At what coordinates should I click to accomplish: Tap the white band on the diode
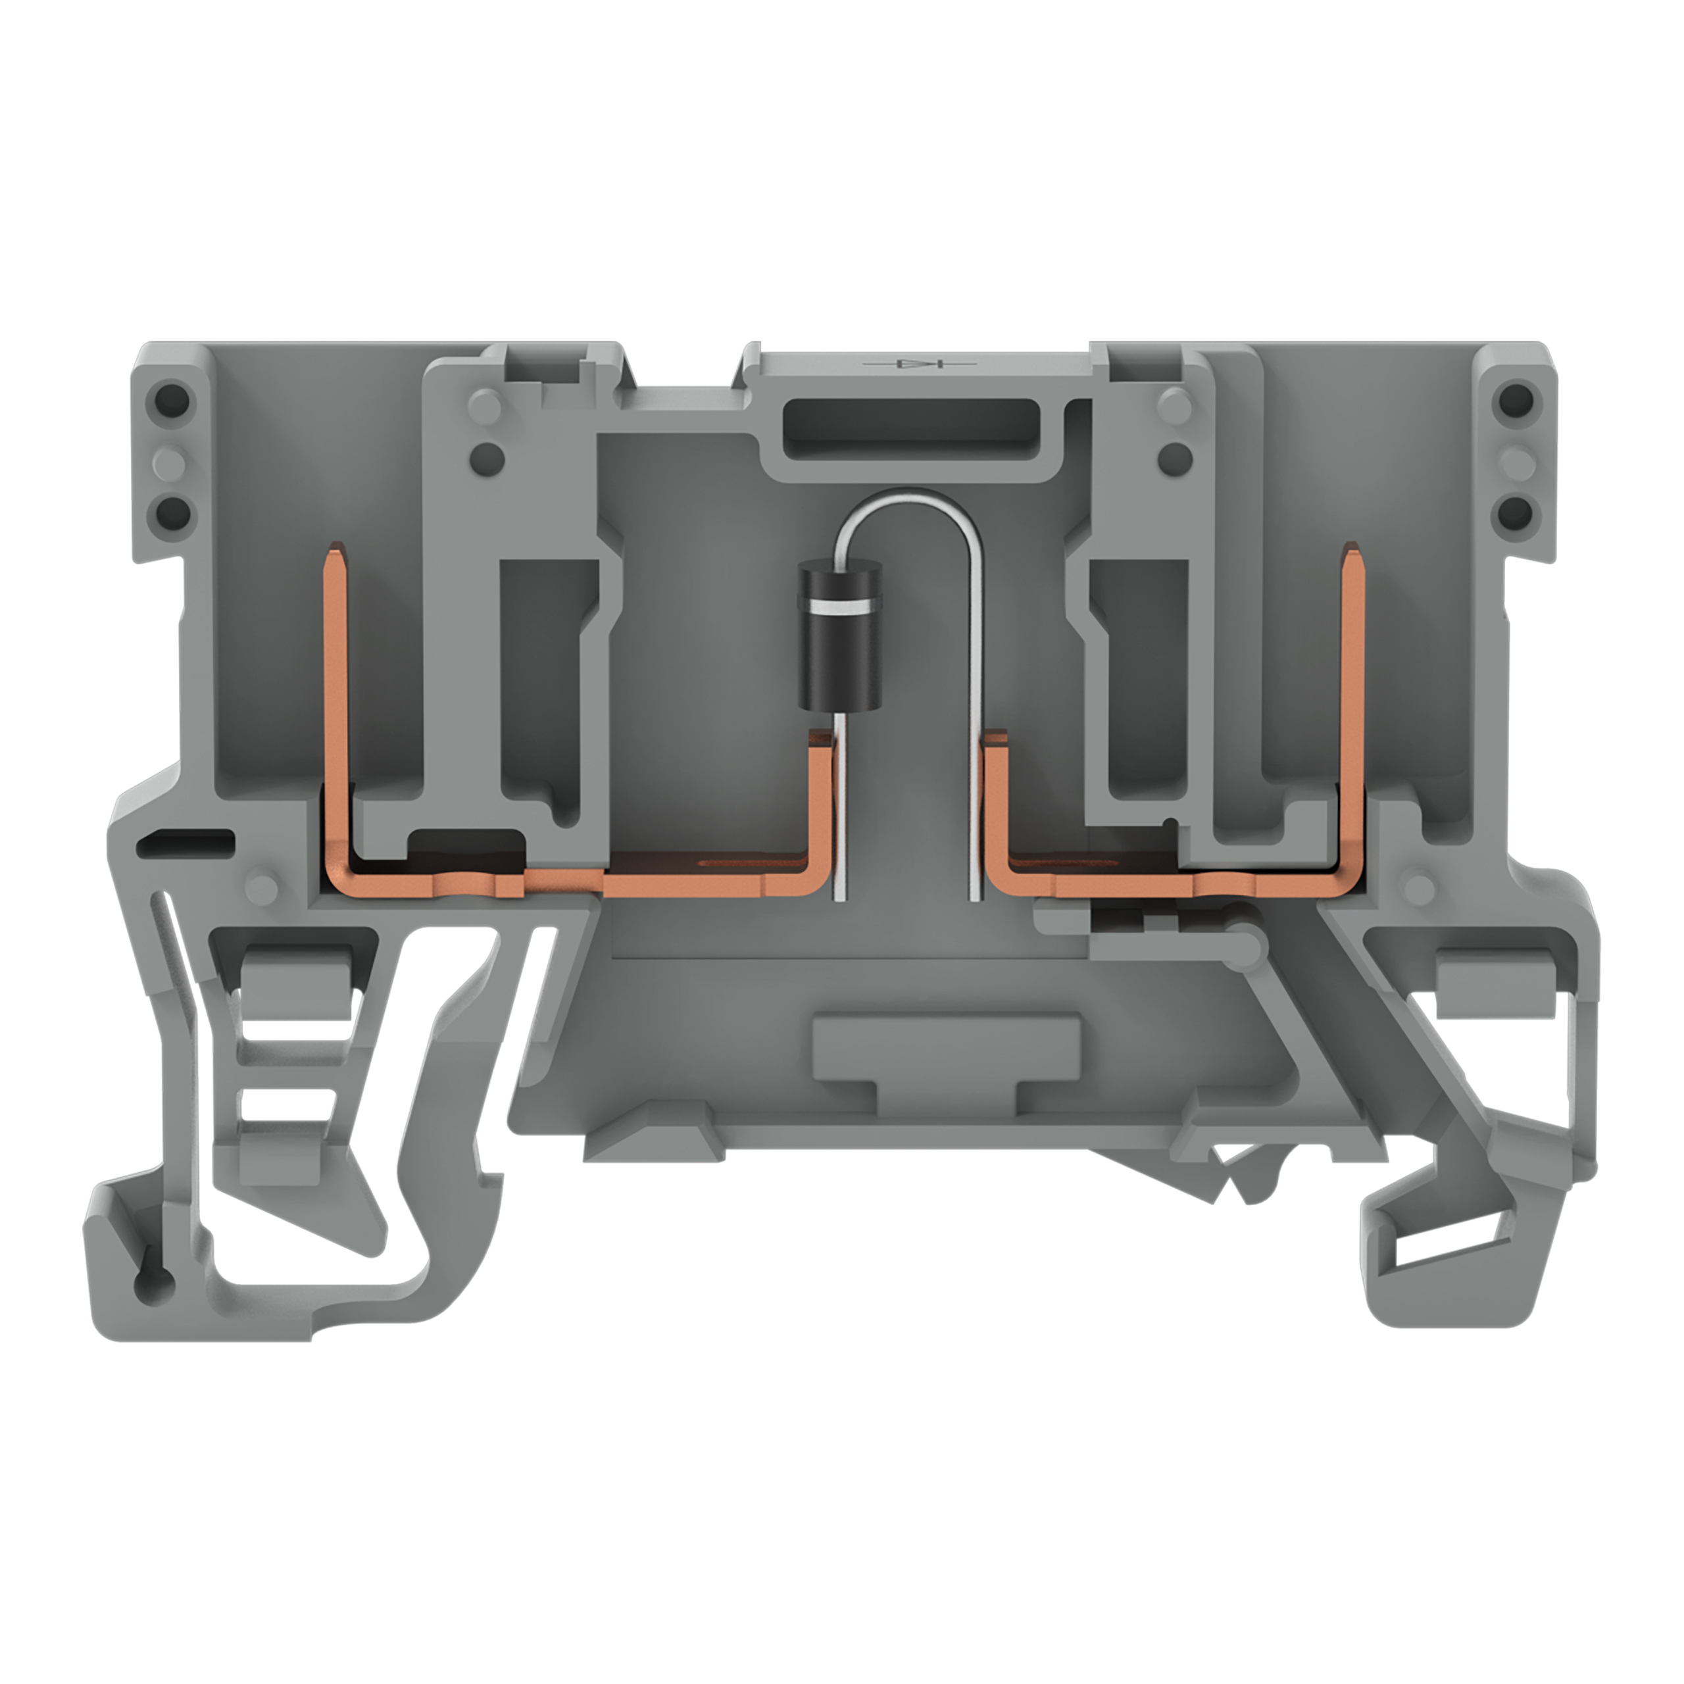(839, 605)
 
